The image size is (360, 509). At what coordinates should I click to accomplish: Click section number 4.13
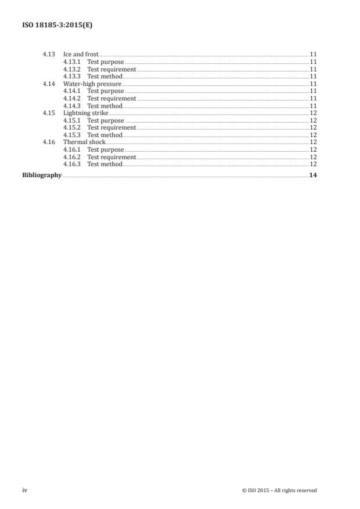point(49,55)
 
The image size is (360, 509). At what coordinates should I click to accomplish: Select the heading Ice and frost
point(81,55)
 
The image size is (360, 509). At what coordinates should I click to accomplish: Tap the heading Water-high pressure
point(92,84)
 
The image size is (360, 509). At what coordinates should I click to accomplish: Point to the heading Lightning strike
point(86,113)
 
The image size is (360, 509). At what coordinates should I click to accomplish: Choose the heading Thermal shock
point(85,142)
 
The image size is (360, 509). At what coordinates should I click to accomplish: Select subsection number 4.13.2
point(72,69)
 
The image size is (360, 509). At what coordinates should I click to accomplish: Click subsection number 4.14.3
point(72,106)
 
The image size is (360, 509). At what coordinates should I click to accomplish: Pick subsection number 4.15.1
point(72,120)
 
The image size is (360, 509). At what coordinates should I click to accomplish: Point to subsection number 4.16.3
point(72,164)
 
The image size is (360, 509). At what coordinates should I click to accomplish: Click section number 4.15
point(49,113)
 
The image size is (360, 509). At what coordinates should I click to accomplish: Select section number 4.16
point(49,142)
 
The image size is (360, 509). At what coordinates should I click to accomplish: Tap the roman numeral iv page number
point(25,490)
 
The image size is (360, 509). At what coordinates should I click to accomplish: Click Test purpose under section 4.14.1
point(106,91)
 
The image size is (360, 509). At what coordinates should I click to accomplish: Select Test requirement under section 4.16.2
point(111,157)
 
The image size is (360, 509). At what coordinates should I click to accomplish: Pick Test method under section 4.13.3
point(105,76)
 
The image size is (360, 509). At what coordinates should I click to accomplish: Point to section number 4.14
point(49,84)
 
